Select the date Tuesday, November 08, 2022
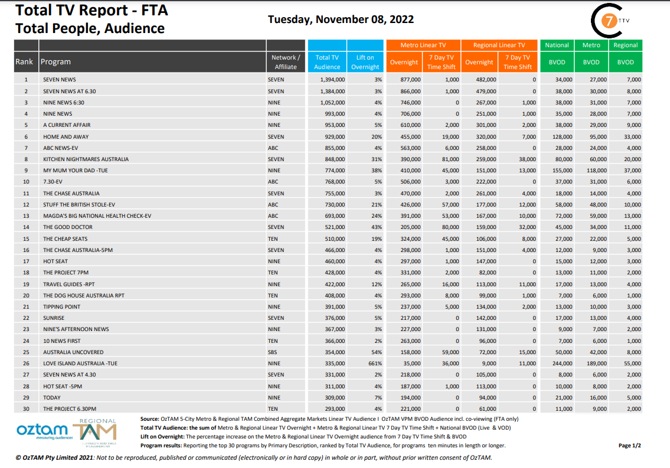click(x=341, y=19)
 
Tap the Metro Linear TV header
click(x=423, y=45)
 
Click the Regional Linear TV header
click(x=499, y=45)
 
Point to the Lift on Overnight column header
click(x=365, y=62)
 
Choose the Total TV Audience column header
click(x=327, y=62)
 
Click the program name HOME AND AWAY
click(x=66, y=136)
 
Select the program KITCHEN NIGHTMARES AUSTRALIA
click(x=86, y=159)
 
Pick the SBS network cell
click(x=273, y=352)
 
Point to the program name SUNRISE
click(x=53, y=318)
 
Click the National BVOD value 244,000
click(x=561, y=364)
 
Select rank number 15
click(x=26, y=239)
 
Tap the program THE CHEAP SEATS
click(x=65, y=239)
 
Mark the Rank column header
click(x=24, y=62)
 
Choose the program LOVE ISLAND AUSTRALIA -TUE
click(x=80, y=364)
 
